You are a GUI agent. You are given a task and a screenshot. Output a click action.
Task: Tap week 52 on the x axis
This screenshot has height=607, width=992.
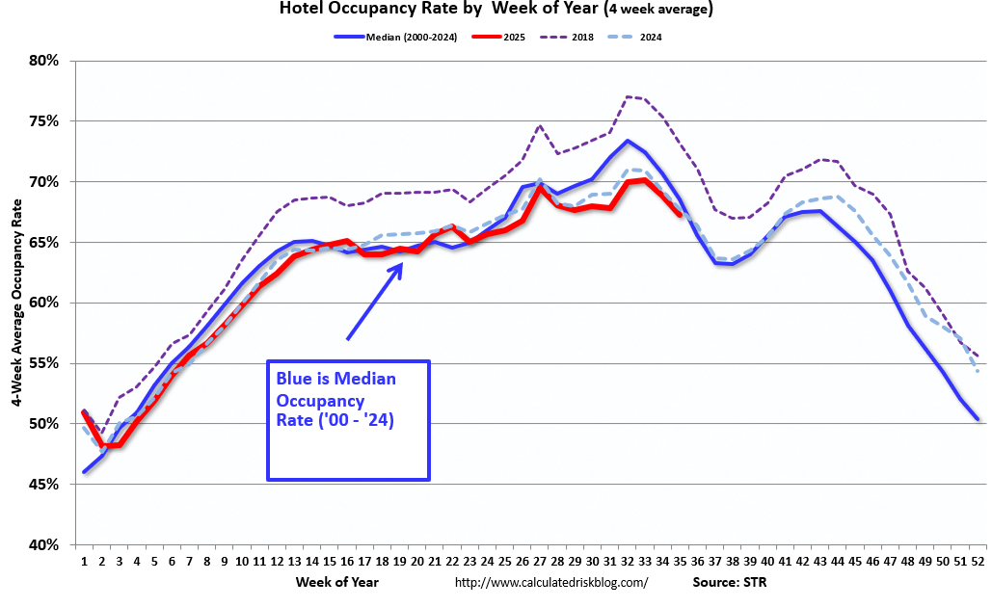(978, 561)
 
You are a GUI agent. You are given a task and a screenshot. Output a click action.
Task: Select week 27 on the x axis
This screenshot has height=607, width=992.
(540, 561)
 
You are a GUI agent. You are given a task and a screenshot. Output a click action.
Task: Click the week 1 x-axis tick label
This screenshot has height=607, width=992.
(84, 561)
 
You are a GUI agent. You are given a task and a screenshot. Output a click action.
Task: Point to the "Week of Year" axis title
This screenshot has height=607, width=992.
(337, 582)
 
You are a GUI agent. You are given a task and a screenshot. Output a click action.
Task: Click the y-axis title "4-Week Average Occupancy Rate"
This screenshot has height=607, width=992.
(16, 303)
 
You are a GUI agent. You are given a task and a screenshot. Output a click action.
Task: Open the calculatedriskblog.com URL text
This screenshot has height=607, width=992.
(550, 582)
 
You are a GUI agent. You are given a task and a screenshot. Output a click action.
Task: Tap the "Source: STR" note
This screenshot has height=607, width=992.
(730, 582)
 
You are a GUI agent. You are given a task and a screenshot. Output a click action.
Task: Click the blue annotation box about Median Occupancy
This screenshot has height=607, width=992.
(347, 420)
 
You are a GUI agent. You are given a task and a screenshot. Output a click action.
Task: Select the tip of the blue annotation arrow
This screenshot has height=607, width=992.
(402, 263)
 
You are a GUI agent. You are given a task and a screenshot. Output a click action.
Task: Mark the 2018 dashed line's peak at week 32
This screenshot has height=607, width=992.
(628, 96)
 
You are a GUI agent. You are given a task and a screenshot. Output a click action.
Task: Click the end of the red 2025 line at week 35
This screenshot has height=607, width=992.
(681, 215)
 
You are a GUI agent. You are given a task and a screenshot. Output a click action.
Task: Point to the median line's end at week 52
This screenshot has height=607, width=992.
(978, 419)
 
